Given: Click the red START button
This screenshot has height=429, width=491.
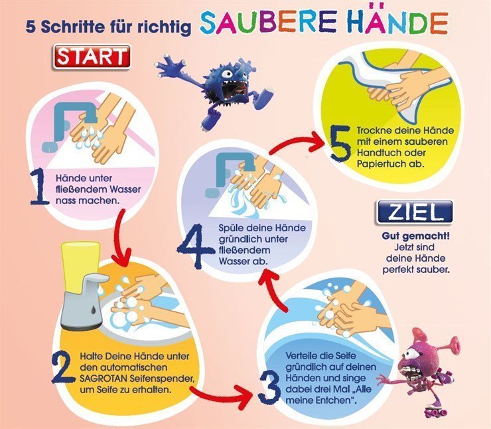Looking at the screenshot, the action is (x=92, y=56).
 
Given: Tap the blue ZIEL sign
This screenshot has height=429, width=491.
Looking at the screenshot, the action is (x=415, y=212).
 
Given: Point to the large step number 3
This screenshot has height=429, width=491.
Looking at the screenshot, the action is (x=269, y=390).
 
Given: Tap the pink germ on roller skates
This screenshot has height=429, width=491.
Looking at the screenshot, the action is (x=419, y=371).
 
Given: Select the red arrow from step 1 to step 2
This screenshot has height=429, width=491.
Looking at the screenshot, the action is (x=121, y=237).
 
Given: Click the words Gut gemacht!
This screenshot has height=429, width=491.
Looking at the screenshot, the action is (x=415, y=236).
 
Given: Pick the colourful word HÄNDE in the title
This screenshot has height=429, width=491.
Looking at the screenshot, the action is (x=398, y=23).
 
